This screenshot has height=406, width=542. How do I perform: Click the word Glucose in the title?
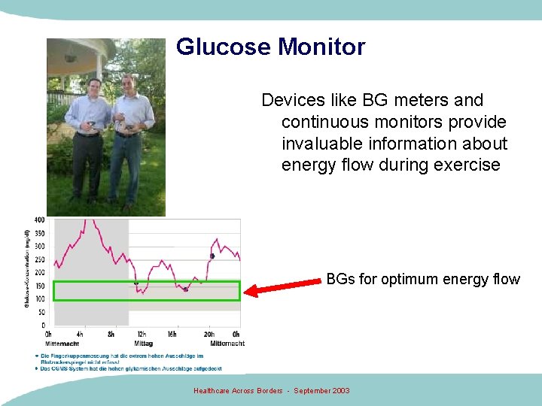(x=224, y=47)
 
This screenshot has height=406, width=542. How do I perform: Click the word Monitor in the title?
(x=321, y=47)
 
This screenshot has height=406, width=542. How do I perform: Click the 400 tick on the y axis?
(x=39, y=220)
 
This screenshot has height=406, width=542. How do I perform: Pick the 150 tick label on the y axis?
(x=39, y=286)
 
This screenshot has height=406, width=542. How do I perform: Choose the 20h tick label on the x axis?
(x=209, y=335)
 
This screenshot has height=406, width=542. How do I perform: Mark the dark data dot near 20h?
(x=212, y=256)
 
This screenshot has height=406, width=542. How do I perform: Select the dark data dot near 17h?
(x=186, y=289)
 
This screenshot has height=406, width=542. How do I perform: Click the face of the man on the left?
(x=95, y=86)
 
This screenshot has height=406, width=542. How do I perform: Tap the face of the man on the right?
(x=127, y=83)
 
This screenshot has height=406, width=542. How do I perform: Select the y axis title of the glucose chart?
(x=28, y=271)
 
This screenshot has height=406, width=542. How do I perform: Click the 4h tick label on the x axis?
(x=79, y=335)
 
